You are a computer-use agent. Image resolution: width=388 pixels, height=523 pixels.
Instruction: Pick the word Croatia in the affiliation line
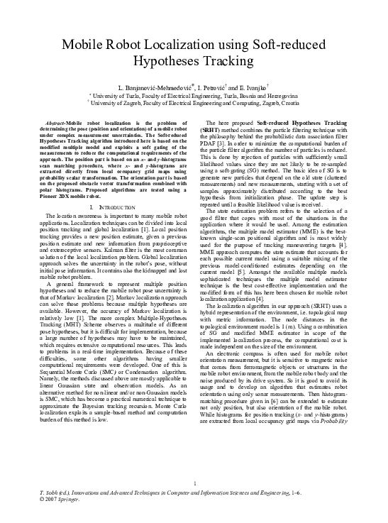pos(287,102)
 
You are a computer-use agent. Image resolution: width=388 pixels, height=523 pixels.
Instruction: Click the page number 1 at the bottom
pos(194,485)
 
